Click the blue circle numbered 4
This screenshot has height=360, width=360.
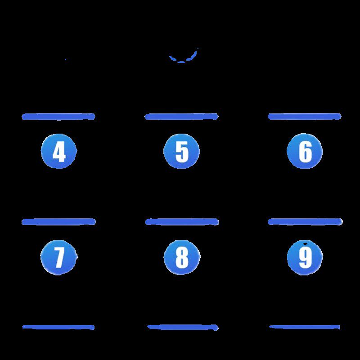(x=59, y=151)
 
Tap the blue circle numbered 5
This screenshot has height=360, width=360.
(x=182, y=151)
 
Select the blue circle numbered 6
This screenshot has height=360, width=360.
(x=305, y=151)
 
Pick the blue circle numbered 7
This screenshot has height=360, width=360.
(x=59, y=257)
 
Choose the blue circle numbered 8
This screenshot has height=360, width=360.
(x=182, y=257)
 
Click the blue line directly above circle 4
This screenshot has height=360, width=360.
(x=58, y=117)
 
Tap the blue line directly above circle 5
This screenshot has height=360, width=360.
(x=181, y=117)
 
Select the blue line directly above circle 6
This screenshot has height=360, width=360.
(x=305, y=117)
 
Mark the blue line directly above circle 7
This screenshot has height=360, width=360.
(x=58, y=221)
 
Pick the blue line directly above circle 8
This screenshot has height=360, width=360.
(x=182, y=221)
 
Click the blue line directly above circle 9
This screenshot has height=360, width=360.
(x=305, y=221)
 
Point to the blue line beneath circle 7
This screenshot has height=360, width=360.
(x=58, y=327)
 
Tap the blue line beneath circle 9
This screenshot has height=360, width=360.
(x=305, y=327)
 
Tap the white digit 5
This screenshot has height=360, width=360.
(x=182, y=152)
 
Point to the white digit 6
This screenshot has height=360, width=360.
(x=305, y=152)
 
